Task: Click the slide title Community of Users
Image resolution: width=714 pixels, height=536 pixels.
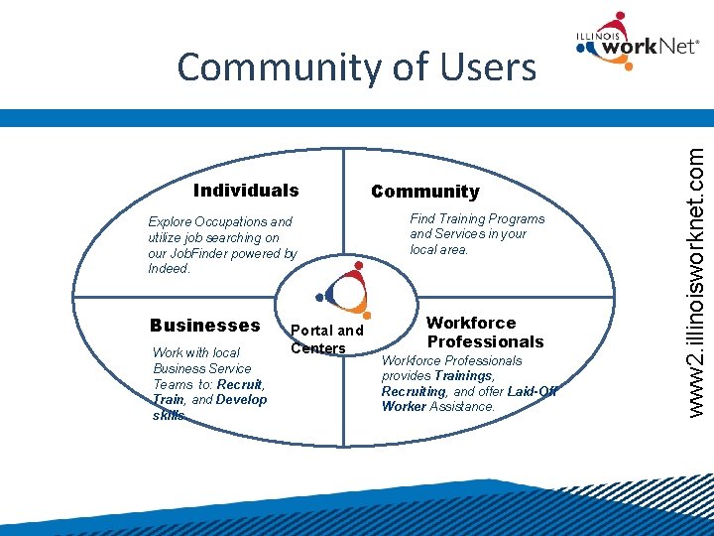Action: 356,67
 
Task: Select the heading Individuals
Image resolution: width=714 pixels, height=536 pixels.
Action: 246,191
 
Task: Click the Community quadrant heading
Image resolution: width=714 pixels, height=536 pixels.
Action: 424,192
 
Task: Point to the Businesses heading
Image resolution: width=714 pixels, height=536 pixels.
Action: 204,326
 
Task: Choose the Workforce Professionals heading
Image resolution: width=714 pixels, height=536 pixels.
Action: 485,333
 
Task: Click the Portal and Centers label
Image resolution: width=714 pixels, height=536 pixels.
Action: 326,338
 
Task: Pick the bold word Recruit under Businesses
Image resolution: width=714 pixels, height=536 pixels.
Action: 239,384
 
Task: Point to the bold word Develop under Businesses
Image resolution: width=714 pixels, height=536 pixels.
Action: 241,399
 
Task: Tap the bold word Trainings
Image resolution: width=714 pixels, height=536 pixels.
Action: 463,376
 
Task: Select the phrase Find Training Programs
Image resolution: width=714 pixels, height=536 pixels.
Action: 477,218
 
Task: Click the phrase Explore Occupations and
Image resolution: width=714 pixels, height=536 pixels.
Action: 220,222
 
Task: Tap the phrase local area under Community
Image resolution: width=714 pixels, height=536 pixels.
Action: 438,249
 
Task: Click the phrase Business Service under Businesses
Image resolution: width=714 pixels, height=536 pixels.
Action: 202,368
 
